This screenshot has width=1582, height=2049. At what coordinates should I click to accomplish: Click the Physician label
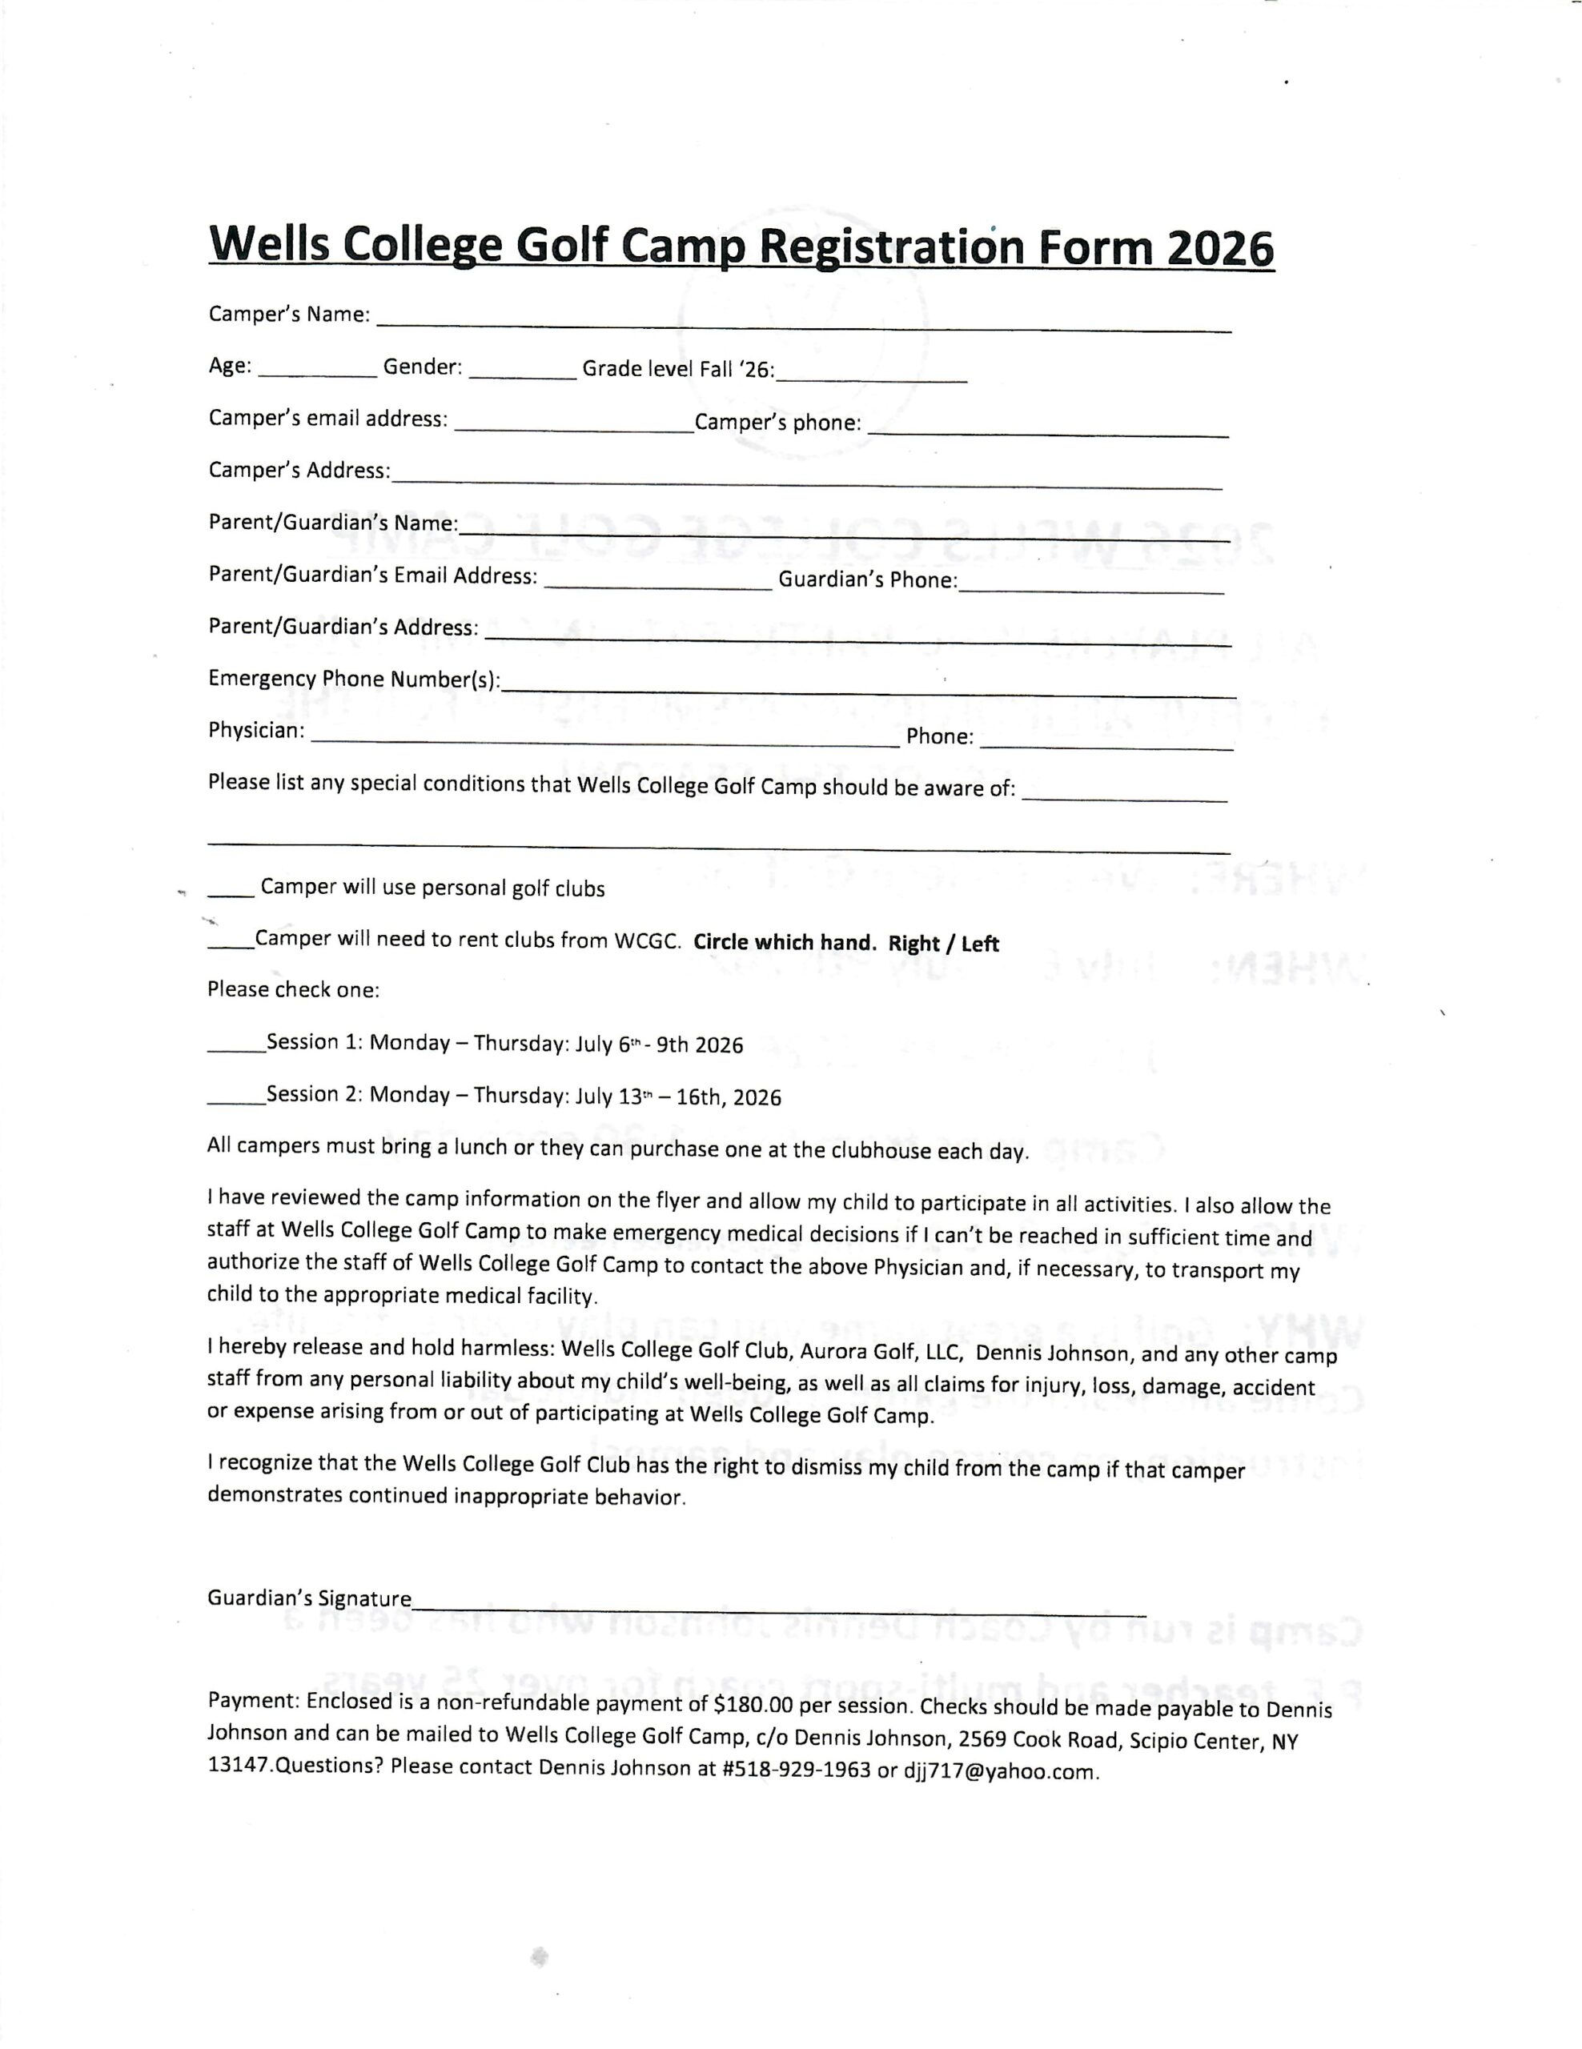(256, 730)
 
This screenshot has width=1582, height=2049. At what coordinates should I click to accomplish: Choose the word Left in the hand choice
(980, 944)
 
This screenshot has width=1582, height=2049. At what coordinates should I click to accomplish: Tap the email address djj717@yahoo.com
(999, 1772)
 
